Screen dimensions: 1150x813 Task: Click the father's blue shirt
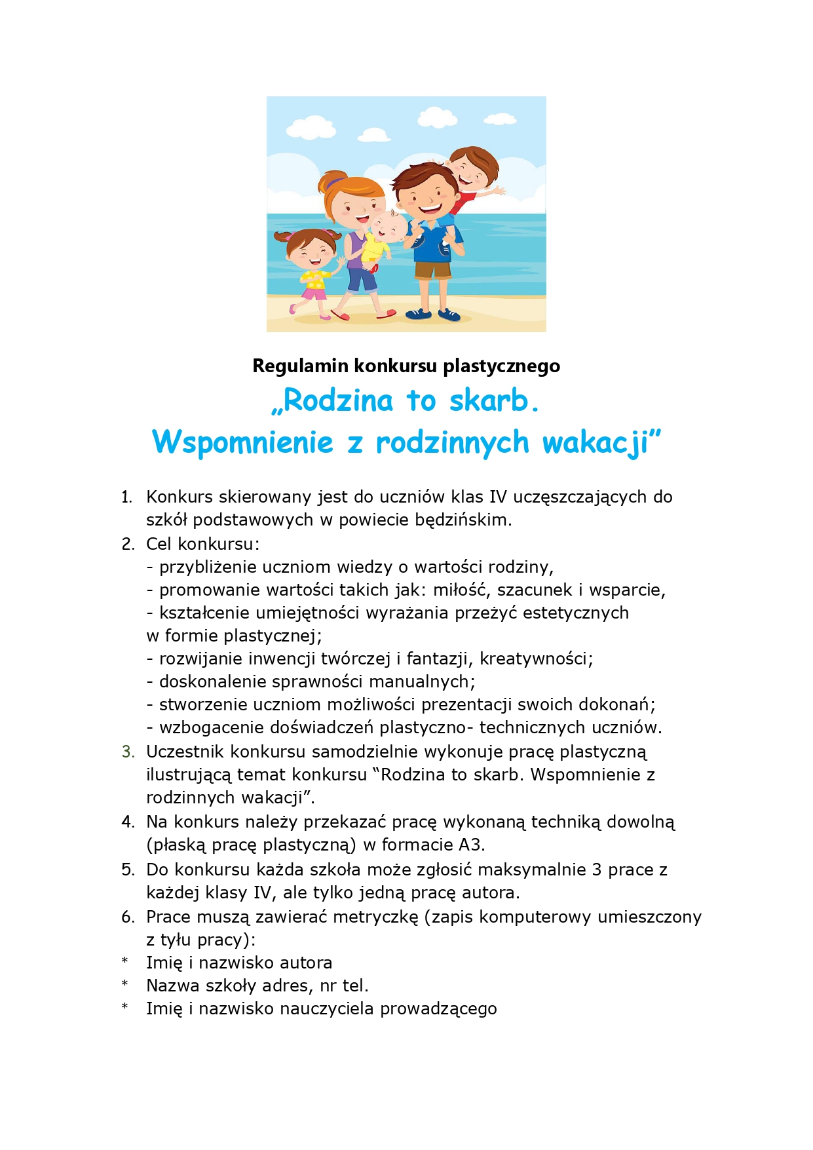(430, 242)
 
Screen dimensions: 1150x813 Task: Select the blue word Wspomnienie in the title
(242, 442)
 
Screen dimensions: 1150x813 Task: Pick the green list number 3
(128, 752)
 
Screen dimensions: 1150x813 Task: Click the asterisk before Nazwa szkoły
(124, 986)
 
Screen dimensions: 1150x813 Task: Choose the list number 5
(128, 870)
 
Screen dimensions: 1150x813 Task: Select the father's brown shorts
(433, 269)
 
